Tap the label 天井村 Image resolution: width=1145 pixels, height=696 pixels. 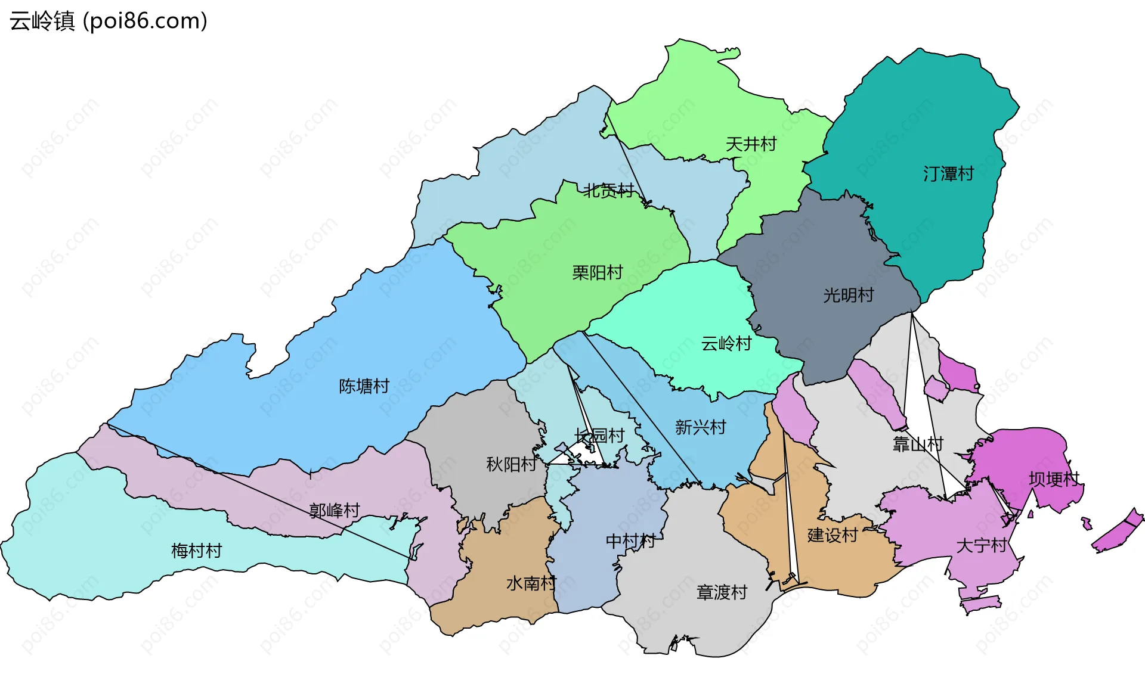coord(751,144)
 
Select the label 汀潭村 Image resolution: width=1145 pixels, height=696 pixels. coord(948,174)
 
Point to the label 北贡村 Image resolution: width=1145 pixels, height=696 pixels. coord(609,191)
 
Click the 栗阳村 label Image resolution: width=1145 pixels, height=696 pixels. coord(598,273)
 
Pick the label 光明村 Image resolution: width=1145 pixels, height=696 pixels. coord(849,295)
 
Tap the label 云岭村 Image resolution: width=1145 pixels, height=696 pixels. coord(726,344)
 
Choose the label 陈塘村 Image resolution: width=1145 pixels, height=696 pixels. coord(364,386)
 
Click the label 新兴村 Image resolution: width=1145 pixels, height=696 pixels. coord(701,427)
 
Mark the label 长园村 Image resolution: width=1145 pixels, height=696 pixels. coord(599,436)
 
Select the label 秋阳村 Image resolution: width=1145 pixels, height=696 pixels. coord(511,464)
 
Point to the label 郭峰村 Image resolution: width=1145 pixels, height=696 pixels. coord(335,511)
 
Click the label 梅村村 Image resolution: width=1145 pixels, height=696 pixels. coord(196,551)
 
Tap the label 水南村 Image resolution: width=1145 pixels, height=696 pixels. coord(531,583)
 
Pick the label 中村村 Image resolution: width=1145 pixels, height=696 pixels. coord(630,541)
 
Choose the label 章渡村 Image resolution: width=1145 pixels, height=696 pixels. coord(722,592)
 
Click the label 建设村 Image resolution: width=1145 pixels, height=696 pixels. coord(833,535)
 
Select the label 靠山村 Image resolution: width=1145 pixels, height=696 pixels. coord(918,444)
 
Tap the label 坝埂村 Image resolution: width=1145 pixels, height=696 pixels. coord(1054,479)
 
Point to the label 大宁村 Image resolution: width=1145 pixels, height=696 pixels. coord(981,545)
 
